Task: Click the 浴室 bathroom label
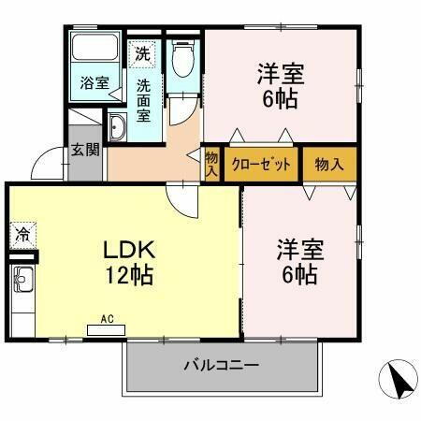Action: (x=93, y=82)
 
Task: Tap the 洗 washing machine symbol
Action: (x=143, y=54)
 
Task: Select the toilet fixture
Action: (x=182, y=58)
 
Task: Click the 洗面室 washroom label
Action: (x=143, y=98)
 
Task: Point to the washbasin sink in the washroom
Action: (x=118, y=128)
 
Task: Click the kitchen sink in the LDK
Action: (x=22, y=278)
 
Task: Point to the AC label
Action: (x=108, y=318)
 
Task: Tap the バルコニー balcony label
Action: (x=221, y=365)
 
